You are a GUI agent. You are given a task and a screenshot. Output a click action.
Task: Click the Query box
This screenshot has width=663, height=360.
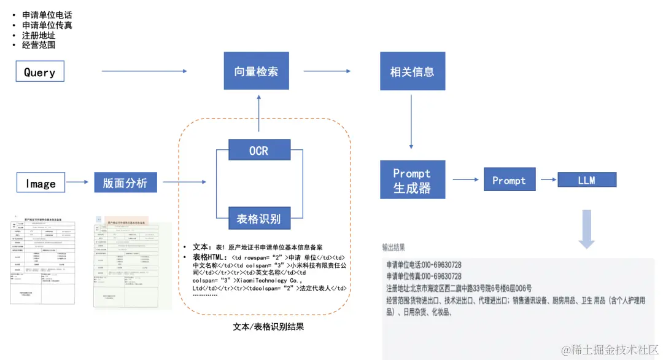[40, 72]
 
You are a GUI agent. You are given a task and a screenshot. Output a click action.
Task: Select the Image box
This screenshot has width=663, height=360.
[41, 182]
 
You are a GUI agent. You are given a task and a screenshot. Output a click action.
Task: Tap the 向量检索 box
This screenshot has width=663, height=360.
[256, 71]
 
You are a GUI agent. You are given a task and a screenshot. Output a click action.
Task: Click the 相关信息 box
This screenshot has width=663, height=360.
[412, 71]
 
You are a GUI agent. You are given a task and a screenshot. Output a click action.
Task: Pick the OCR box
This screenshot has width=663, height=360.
[258, 150]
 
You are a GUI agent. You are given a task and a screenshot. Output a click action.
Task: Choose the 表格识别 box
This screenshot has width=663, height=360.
[258, 217]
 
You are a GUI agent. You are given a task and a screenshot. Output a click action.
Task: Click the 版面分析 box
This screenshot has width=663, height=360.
[125, 182]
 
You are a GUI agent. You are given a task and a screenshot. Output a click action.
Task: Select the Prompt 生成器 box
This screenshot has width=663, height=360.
[412, 179]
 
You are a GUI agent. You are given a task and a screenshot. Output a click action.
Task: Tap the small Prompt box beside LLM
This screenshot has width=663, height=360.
[509, 180]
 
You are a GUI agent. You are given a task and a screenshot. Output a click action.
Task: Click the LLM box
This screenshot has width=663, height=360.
[586, 180]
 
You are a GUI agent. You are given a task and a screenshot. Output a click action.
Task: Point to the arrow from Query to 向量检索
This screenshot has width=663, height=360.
[144, 72]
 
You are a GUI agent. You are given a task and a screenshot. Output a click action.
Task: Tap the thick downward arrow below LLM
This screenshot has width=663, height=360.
[587, 229]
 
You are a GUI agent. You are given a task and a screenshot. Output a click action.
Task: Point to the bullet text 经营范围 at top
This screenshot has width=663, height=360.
[39, 45]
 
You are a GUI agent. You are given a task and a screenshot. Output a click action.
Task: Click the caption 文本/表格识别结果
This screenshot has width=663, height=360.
[269, 326]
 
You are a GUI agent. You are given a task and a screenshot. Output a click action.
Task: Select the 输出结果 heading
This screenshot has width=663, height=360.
[394, 248]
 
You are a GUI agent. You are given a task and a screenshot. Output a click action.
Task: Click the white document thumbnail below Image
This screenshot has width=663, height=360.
[42, 259]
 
